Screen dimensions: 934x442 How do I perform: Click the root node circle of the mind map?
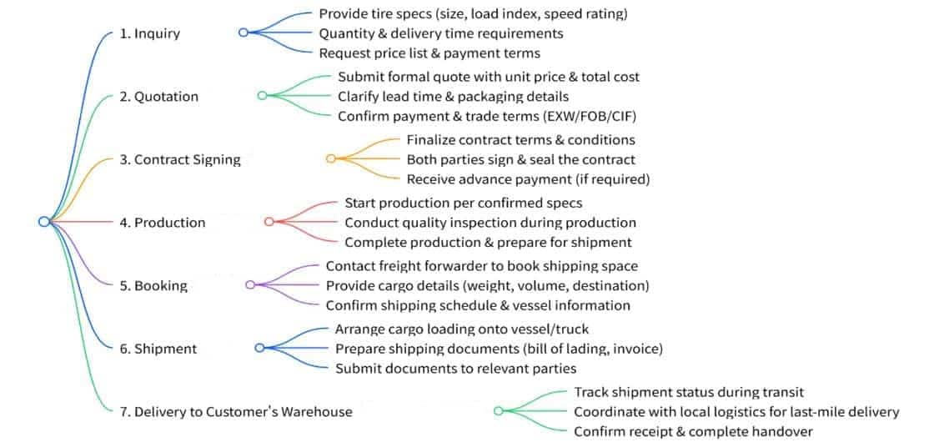[x=43, y=222]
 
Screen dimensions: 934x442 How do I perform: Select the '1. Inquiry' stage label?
[x=149, y=33]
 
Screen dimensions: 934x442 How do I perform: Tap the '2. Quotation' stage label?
[x=159, y=97]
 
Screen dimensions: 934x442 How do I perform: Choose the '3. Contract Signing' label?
[x=180, y=159]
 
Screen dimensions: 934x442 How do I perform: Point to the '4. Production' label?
[x=163, y=222]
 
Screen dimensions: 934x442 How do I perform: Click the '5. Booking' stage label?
[x=153, y=285]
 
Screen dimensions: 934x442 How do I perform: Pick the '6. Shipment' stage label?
[x=158, y=349]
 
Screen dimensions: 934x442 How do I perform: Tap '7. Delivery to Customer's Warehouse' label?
[x=236, y=412]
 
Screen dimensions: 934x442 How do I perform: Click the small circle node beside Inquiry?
[x=243, y=33]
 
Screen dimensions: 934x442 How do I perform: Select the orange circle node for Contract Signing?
[x=331, y=158]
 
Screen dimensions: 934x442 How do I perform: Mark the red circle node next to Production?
[x=269, y=222]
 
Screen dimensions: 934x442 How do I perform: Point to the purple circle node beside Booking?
[x=250, y=284]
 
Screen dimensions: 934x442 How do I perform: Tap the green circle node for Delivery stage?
[x=499, y=410]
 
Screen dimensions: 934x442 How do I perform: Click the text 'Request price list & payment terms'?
[x=429, y=53]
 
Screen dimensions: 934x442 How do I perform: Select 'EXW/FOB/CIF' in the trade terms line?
[x=587, y=116]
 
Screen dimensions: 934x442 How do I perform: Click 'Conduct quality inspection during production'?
[x=490, y=223]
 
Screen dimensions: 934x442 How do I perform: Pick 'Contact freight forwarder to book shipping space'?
[x=482, y=266]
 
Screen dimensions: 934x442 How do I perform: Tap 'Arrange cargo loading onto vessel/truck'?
[x=462, y=329]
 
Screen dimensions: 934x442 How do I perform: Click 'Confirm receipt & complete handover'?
[x=693, y=431]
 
